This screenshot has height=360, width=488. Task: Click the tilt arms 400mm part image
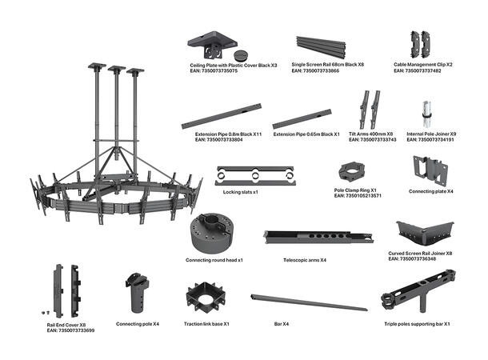tap(369, 110)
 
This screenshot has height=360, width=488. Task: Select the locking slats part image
tap(254, 175)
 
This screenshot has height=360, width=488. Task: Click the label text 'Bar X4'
tap(280, 323)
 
